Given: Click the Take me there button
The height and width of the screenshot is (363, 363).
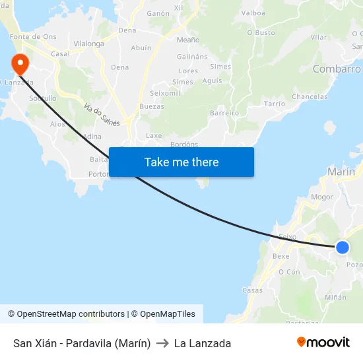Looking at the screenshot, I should click(181, 162).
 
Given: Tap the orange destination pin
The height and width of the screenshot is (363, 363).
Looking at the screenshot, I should click(20, 64).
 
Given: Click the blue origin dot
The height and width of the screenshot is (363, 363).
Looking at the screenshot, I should click(342, 247).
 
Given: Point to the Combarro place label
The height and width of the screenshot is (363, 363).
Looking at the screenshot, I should click(337, 69).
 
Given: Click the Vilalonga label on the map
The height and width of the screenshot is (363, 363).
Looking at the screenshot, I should click(89, 44).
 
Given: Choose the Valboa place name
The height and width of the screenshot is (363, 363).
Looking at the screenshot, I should click(253, 13).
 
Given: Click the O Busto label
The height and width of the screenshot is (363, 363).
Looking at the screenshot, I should click(261, 32).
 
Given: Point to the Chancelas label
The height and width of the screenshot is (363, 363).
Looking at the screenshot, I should click(310, 97).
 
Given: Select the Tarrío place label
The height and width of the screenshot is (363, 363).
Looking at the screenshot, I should click(274, 104).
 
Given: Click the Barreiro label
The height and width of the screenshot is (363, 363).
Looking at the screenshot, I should click(224, 114).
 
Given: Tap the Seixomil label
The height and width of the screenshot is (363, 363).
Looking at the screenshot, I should click(165, 93).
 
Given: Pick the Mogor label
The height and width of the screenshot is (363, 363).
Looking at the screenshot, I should click(322, 197).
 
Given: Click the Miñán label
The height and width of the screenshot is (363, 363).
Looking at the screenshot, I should click(335, 297).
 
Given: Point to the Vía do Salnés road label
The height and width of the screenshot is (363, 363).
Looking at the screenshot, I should click(102, 115).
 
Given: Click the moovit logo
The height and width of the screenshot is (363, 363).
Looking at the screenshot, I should click(323, 343).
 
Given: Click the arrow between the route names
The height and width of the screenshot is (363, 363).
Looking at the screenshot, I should click(162, 343).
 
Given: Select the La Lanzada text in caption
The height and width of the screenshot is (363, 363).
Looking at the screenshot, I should click(203, 343).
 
